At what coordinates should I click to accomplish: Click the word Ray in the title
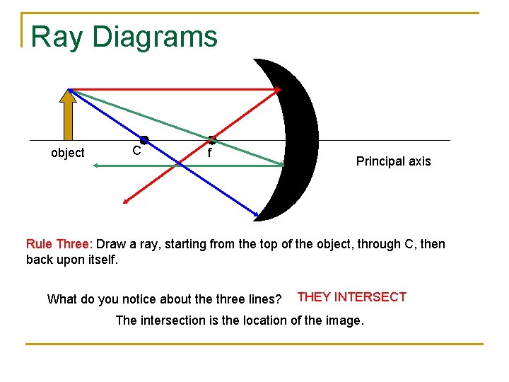tap(53, 37)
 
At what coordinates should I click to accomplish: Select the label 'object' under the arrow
tap(68, 153)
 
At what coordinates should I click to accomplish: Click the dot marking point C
tap(144, 140)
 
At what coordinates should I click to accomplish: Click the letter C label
tap(137, 151)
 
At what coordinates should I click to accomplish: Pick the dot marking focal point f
tap(211, 140)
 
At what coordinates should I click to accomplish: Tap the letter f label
tap(209, 153)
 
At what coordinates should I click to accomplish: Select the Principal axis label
tap(393, 161)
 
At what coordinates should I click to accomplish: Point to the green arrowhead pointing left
tap(97, 166)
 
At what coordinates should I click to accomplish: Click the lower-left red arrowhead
tap(125, 202)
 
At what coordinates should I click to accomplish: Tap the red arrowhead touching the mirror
tap(278, 90)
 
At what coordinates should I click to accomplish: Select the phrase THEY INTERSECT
tap(352, 297)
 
